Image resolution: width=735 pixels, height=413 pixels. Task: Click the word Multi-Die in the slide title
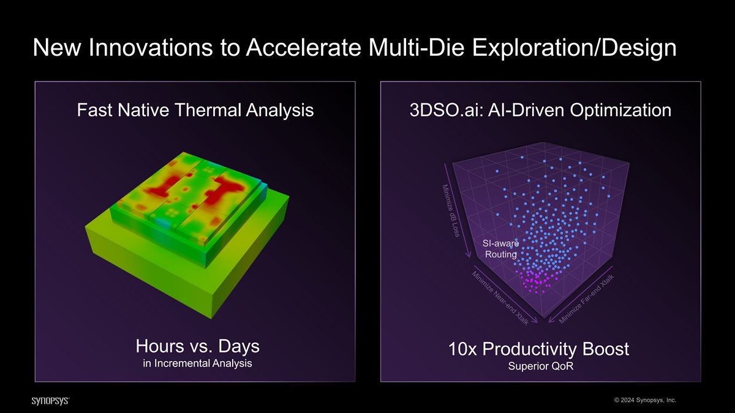tap(417, 48)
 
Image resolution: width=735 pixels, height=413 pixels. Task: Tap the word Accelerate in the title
tap(304, 48)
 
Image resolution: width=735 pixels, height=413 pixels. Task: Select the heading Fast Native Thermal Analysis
tap(195, 110)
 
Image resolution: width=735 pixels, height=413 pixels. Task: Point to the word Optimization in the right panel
tap(620, 111)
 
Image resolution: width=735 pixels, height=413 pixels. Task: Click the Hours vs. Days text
tap(197, 346)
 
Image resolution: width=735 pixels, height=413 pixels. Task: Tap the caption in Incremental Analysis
tap(197, 363)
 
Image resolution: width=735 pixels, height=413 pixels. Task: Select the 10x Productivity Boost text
tap(539, 349)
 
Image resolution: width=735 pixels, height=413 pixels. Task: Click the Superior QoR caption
tap(541, 366)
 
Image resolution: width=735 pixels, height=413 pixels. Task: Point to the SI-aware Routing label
tap(501, 249)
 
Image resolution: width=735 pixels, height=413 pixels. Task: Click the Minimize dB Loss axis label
tap(451, 210)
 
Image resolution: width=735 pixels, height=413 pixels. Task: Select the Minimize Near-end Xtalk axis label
tap(500, 298)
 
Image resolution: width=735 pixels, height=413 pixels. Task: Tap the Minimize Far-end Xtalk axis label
tap(586, 299)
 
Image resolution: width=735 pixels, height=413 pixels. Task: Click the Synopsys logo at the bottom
tap(50, 401)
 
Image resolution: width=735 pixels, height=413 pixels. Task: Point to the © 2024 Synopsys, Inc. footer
tap(645, 400)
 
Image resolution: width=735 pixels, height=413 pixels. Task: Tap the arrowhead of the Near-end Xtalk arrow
tap(535, 321)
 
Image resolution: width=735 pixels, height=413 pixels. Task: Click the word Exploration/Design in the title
tap(575, 48)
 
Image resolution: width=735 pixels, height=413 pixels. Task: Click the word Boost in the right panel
tap(606, 349)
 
